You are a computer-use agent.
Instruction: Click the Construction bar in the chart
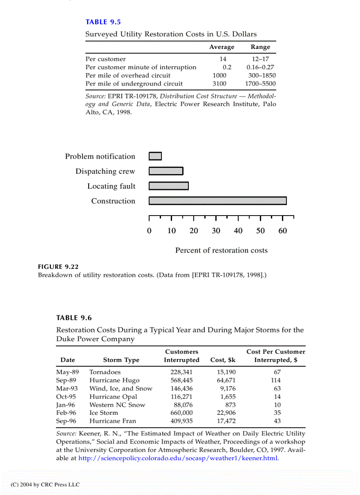217,201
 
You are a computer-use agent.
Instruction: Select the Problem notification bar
155,156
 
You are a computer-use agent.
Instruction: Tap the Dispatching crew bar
166,171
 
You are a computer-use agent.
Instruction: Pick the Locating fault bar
169,186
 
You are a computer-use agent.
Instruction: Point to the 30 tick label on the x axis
216,231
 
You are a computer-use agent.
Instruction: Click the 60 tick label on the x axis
282,231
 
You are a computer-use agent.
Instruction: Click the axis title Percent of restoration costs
221,250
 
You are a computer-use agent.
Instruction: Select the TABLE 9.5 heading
103,22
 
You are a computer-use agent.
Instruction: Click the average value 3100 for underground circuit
219,84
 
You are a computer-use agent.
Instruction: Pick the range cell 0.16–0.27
260,67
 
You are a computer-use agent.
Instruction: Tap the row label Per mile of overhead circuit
128,75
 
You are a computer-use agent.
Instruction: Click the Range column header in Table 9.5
260,47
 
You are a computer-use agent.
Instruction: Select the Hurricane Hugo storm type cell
114,380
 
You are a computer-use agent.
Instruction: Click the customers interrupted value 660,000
181,413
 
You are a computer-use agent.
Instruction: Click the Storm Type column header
121,360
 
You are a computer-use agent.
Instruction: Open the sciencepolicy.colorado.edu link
179,458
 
